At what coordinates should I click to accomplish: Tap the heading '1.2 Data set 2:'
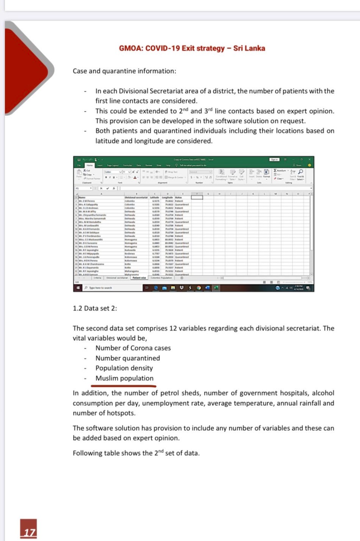pyautogui.click(x=95, y=308)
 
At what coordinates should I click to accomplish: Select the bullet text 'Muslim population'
pyautogui.click(x=124, y=378)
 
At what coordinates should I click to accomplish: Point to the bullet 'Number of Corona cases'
pyautogui.click(x=133, y=348)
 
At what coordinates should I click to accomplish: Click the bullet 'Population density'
pyautogui.click(x=124, y=368)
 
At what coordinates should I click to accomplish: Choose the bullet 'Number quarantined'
pyautogui.click(x=127, y=358)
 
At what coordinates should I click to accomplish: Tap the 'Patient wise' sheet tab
pyautogui.click(x=139, y=278)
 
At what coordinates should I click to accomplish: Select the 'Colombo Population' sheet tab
pyautogui.click(x=161, y=278)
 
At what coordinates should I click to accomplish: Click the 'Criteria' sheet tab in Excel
pyautogui.click(x=97, y=278)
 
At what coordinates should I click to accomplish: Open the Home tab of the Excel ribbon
pyautogui.click(x=89, y=165)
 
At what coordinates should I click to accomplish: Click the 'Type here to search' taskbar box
pyautogui.click(x=101, y=288)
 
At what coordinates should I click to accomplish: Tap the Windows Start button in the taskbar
pyautogui.click(x=78, y=288)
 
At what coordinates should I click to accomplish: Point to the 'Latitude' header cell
pyautogui.click(x=155, y=197)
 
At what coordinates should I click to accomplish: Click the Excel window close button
pyautogui.click(x=309, y=160)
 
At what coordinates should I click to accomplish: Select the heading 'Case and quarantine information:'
pyautogui.click(x=124, y=71)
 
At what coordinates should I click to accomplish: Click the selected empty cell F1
pyautogui.click(x=197, y=197)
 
